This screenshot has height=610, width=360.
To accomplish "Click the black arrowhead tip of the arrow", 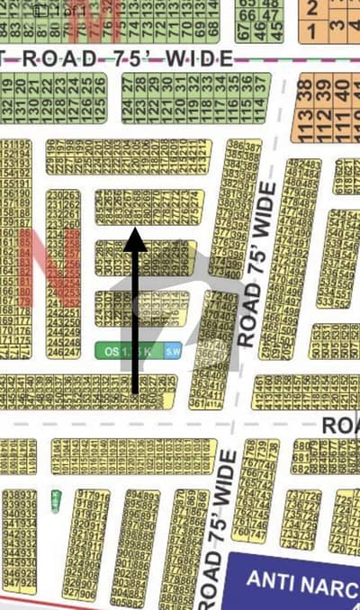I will pyautogui.click(x=135, y=230).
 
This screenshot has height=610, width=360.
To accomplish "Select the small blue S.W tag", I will pyautogui.click(x=172, y=352).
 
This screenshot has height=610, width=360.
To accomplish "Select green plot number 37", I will pyautogui.click(x=261, y=82).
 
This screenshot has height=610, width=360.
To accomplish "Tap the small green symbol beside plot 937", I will pyautogui.click(x=55, y=498).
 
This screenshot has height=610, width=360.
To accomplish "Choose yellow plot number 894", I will pyautogui.click(x=131, y=496).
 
